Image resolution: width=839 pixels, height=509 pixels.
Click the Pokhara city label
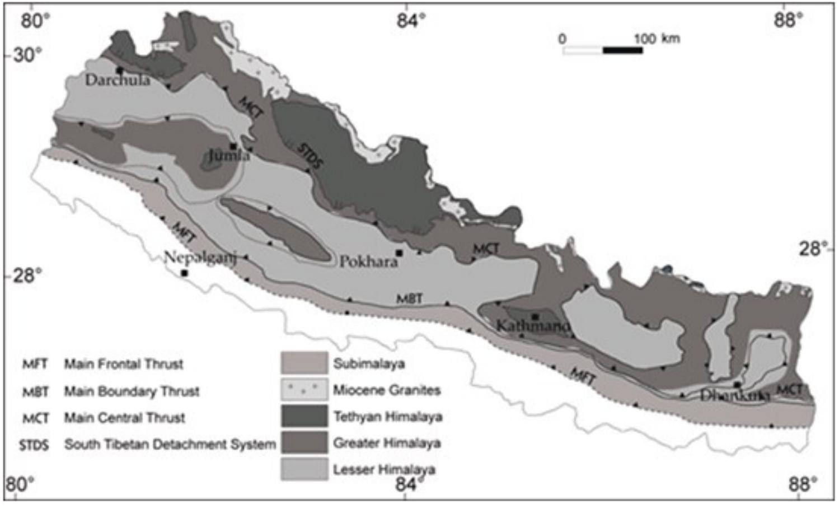pos(369,261)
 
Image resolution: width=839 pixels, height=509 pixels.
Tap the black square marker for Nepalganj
pos(184,273)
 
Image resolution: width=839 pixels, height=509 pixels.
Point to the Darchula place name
pos(118,80)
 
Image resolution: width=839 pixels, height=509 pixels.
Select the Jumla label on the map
pos(229,155)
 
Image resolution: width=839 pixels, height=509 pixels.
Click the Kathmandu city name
pos(533,325)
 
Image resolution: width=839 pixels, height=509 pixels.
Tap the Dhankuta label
pos(734,395)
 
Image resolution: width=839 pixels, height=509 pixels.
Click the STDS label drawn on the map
pos(310,155)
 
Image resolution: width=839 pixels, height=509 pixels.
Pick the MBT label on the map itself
pos(409,298)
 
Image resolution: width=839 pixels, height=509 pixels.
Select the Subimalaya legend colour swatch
pos(304,363)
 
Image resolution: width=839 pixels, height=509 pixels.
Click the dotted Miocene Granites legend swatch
pos(304,390)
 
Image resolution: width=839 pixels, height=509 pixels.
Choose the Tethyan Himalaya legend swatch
pos(304,416)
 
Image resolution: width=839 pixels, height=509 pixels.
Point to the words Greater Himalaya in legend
pos(387,443)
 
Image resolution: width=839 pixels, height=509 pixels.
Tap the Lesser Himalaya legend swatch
pos(304,469)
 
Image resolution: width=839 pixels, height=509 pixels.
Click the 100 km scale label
pos(657,38)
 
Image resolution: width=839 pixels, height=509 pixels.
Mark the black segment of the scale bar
pos(622,50)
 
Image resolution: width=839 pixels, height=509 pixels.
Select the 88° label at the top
pos(789,21)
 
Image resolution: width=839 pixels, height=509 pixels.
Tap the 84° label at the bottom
pos(407,484)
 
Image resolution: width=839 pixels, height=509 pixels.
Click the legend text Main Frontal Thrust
pos(124,364)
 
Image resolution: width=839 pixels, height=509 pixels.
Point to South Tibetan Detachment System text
pos(170,445)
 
